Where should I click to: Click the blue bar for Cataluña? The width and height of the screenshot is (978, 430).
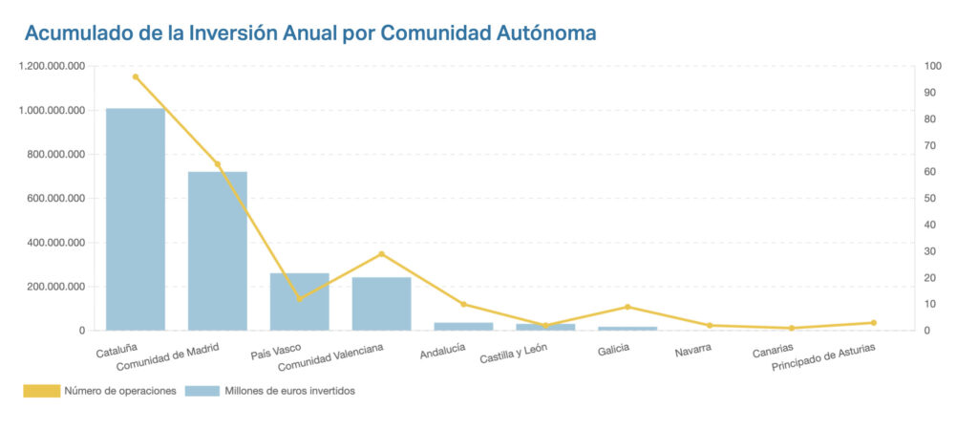point(135,220)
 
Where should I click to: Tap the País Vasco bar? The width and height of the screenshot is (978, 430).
point(299,302)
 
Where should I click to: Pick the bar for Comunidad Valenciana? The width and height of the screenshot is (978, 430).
point(381,304)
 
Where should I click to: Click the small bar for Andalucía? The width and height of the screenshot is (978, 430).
point(463,327)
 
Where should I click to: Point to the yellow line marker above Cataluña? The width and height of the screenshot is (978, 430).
point(136,76)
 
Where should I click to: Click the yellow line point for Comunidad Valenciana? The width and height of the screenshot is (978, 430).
point(381,254)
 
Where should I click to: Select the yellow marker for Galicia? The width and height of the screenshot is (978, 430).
point(627,307)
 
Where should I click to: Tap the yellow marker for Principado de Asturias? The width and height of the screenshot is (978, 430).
point(873,323)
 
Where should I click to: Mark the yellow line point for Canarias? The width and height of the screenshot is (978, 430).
point(791,329)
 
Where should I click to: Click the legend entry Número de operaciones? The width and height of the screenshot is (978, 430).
point(100,391)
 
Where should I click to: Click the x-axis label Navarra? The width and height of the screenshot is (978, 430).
point(692,351)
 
